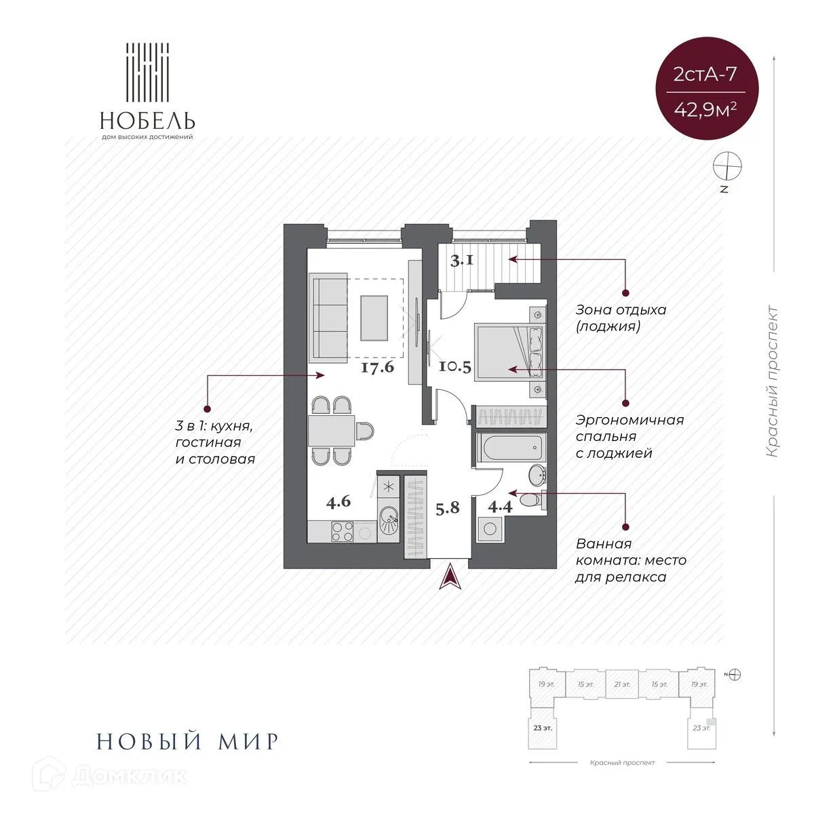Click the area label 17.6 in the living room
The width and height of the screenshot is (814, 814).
tap(378, 368)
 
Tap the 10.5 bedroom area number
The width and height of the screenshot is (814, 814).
tap(454, 368)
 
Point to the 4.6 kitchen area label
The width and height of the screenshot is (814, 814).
tap(338, 503)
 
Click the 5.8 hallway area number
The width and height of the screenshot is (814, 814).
tap(448, 507)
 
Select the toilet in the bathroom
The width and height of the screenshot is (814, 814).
tap(534, 499)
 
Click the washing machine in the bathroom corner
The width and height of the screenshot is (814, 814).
tap(490, 528)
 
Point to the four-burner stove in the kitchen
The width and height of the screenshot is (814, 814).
tap(342, 530)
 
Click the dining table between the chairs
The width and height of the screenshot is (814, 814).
tap(330, 431)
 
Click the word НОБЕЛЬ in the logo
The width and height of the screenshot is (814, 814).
tap(148, 121)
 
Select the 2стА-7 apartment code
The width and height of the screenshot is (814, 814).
tap(705, 74)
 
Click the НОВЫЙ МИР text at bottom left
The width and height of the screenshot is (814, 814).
tap(188, 741)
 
